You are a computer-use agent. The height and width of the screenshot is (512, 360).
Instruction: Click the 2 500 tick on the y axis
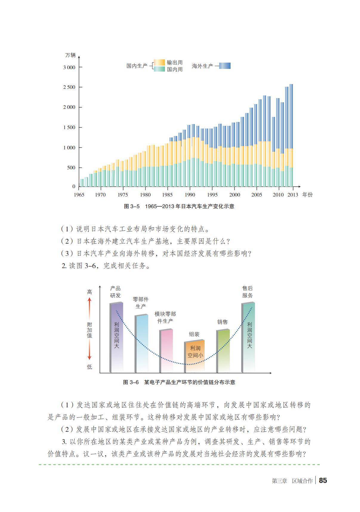coord(69,87)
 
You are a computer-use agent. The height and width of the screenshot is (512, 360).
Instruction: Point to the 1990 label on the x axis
coord(190,195)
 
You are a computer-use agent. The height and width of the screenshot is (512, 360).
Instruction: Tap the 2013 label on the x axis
coord(293,195)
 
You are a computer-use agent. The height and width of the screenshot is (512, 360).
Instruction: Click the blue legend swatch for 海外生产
coord(225,66)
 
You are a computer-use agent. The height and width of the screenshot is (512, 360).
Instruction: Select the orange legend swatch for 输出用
coord(159,62)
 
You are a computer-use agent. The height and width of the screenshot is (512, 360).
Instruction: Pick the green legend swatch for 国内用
coord(159,69)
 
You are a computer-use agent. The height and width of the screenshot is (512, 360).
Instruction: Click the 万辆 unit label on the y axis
coord(70,55)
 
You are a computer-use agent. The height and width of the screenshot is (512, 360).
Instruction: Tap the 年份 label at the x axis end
coord(308,195)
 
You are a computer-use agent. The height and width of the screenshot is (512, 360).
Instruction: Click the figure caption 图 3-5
coord(179,206)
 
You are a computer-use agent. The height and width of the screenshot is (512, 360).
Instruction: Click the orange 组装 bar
coord(194,356)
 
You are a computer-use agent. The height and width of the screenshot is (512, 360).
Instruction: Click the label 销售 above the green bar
coord(223,322)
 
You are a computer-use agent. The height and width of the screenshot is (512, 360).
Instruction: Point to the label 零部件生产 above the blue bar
coord(140,303)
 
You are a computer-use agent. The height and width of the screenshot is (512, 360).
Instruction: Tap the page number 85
coord(323,480)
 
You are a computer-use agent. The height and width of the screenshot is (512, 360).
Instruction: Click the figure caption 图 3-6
coord(179,382)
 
